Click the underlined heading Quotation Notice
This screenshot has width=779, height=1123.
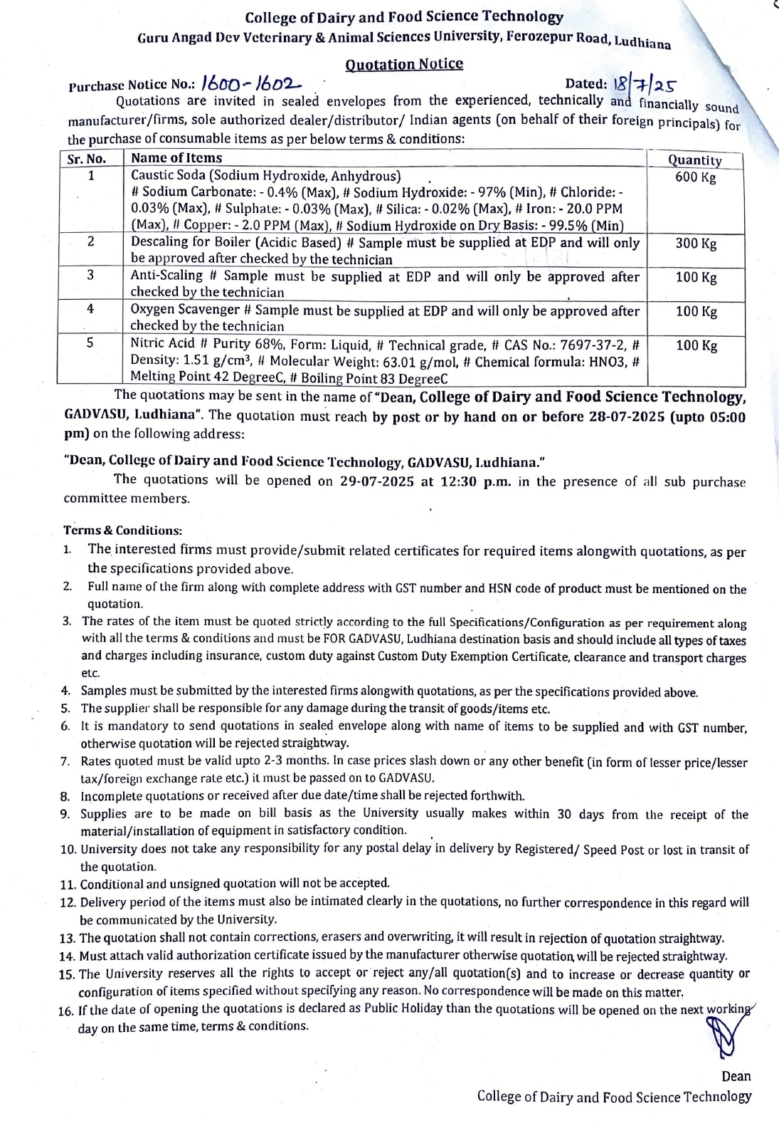point(403,64)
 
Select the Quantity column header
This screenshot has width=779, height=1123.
point(694,160)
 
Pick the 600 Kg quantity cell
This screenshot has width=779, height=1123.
point(695,177)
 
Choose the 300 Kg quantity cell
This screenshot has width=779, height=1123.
point(695,244)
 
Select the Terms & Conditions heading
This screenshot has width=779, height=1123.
point(123,531)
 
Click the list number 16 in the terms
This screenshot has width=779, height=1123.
point(68,1009)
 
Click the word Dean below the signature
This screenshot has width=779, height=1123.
point(736,1075)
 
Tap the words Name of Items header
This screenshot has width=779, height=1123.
point(176,159)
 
